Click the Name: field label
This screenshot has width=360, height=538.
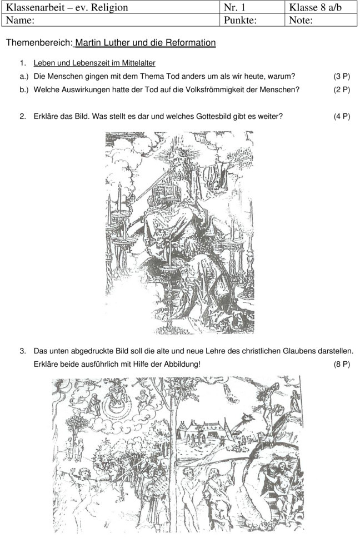pyautogui.click(x=20, y=21)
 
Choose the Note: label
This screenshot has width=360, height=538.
pyautogui.click(x=301, y=21)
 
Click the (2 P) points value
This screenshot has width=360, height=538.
pyautogui.click(x=342, y=89)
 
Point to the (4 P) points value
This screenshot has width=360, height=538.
pyautogui.click(x=342, y=117)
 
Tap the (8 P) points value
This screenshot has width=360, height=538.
pyautogui.click(x=342, y=365)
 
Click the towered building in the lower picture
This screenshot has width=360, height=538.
pyautogui.click(x=204, y=430)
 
